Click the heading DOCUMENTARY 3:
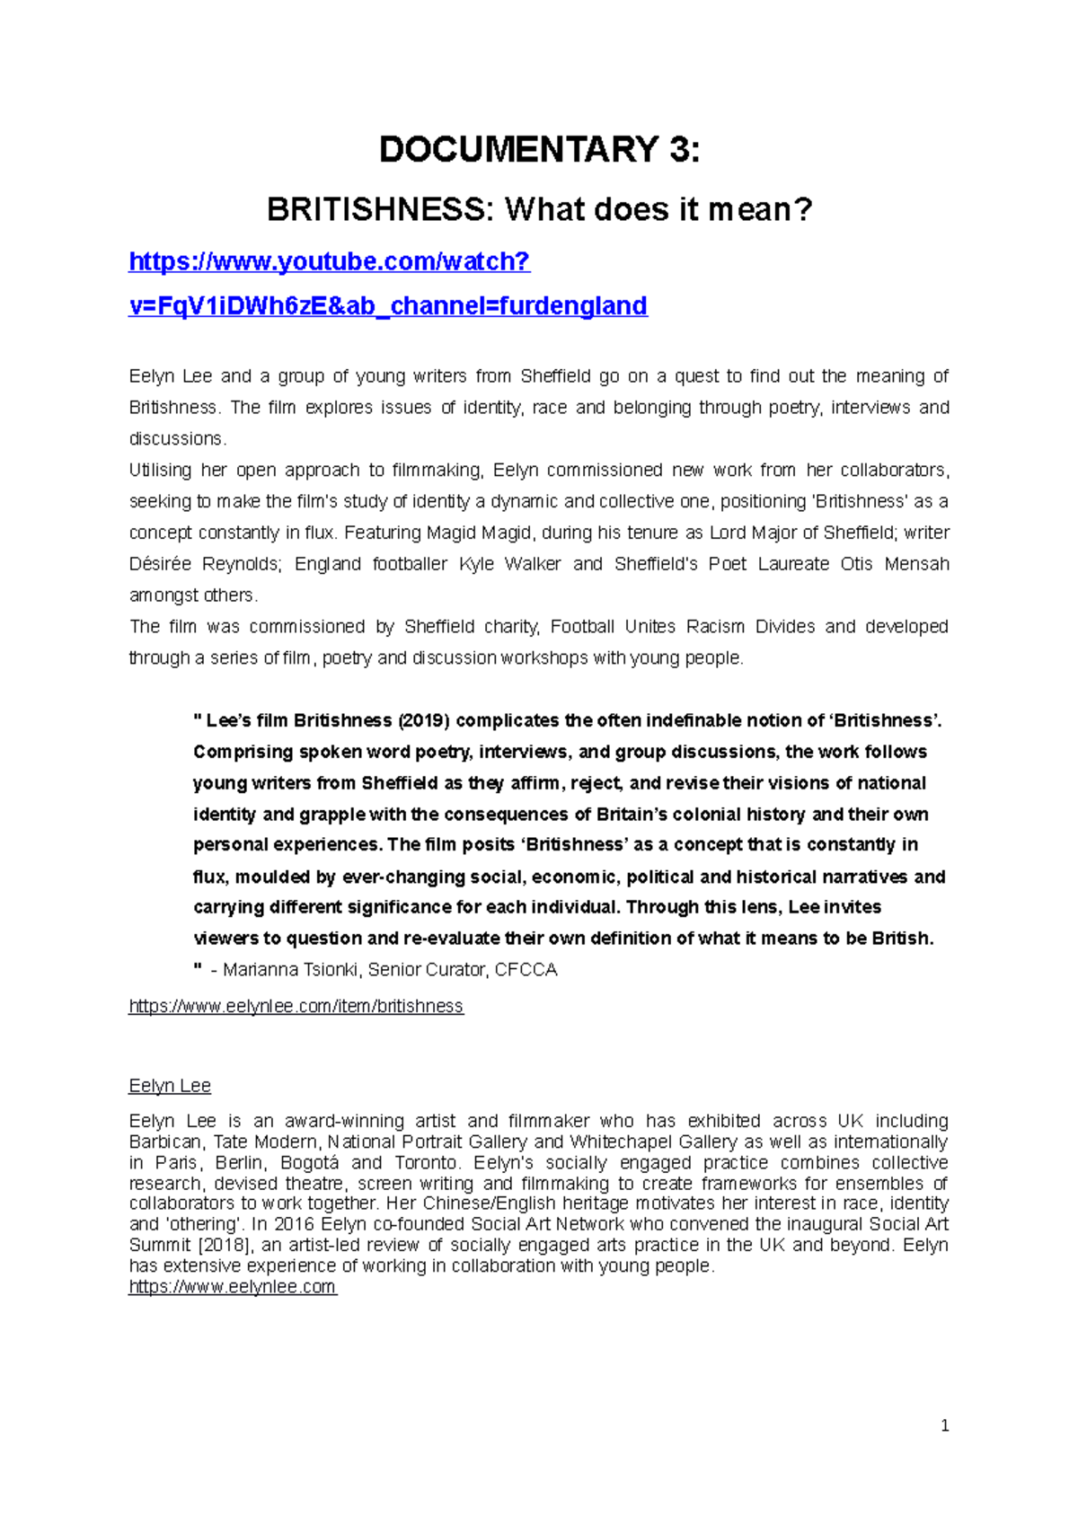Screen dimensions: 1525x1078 click(x=539, y=149)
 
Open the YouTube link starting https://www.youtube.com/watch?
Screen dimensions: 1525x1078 click(x=330, y=261)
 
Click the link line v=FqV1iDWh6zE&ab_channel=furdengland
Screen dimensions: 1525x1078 click(x=388, y=306)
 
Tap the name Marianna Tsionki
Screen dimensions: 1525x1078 click(x=290, y=970)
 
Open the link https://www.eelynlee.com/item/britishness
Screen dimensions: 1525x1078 click(x=296, y=1006)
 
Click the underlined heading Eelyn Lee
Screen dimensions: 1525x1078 click(x=170, y=1086)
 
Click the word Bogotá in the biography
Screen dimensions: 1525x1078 click(x=309, y=1163)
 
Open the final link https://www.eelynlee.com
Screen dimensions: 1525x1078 click(x=233, y=1287)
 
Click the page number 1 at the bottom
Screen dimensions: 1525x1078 click(x=944, y=1426)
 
